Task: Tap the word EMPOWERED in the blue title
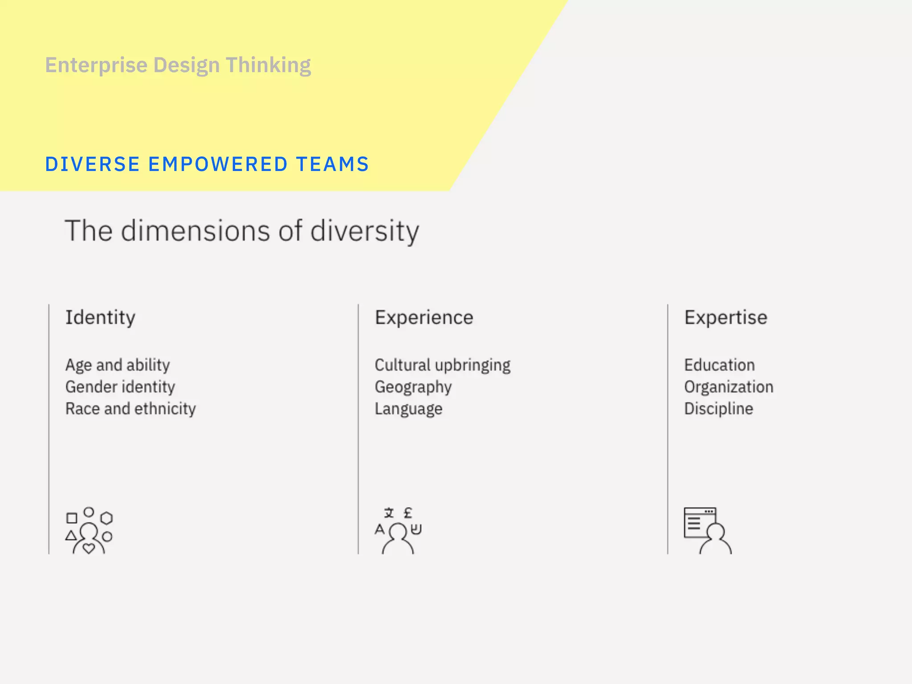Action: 218,164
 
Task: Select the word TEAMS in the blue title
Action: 332,164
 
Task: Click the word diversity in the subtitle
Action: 364,231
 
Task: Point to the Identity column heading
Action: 100,318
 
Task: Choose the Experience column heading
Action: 424,318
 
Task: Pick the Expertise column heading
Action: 725,318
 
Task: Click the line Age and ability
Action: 118,365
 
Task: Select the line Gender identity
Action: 120,387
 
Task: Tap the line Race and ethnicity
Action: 130,409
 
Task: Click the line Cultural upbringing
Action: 442,365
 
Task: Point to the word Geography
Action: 413,387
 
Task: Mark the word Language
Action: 408,409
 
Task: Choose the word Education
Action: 719,365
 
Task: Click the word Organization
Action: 729,387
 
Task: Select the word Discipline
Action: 718,409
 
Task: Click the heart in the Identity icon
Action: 89,548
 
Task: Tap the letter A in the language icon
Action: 379,529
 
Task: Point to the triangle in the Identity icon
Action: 71,536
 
